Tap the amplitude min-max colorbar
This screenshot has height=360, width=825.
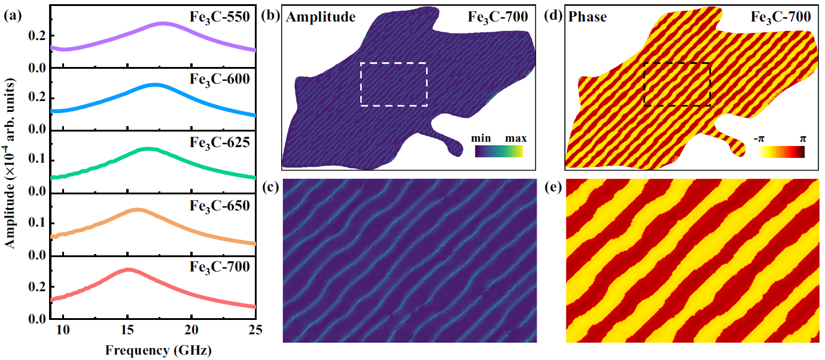pos(499,152)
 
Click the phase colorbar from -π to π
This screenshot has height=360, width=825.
pos(781,152)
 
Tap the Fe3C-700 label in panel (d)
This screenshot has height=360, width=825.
pos(781,17)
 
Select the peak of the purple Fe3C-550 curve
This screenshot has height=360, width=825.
pos(163,23)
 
